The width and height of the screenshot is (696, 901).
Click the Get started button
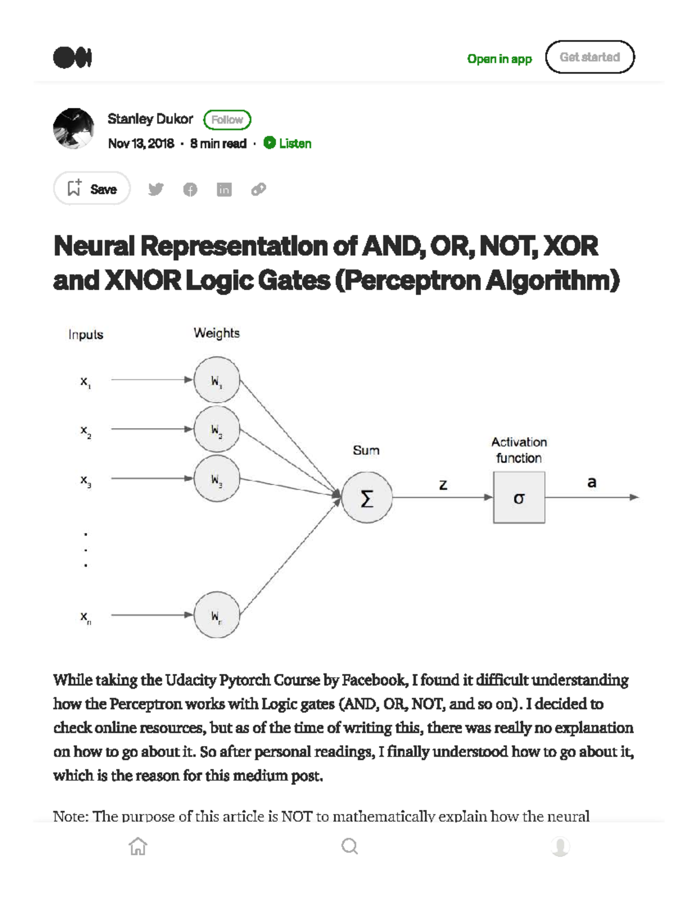590,57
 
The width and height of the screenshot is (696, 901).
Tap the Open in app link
499,59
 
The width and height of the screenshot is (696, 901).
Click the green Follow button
227,120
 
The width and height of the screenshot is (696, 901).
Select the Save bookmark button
92,189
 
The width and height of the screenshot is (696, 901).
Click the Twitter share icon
155,189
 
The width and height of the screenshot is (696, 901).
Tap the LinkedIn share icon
224,189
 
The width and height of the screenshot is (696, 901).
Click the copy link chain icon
259,189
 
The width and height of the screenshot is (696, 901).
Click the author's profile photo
74,128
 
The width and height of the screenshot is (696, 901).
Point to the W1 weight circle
216,380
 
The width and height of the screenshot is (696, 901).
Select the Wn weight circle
216,615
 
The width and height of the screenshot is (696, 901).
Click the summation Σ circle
367,498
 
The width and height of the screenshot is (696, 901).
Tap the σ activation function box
519,498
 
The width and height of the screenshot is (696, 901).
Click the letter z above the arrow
443,485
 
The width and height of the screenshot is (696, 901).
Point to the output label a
592,482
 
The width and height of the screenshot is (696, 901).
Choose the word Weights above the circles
216,333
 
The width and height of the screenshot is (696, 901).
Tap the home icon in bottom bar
138,846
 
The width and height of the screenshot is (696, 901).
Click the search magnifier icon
350,846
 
